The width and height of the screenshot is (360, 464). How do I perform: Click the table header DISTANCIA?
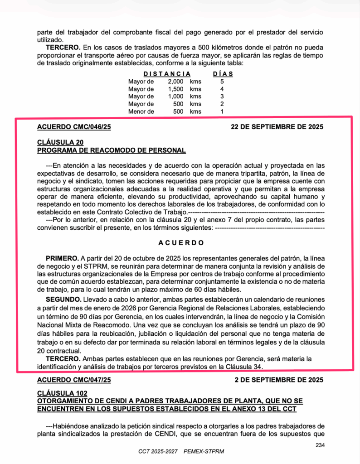167,73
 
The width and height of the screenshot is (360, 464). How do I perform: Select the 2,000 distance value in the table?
175,81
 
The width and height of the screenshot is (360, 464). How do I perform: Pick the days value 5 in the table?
222,81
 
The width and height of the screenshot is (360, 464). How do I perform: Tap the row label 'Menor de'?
141,111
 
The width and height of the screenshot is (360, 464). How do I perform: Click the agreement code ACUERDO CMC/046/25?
74,127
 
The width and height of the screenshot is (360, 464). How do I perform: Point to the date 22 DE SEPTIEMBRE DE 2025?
277,127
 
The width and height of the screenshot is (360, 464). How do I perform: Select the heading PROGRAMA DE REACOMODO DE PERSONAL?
112,150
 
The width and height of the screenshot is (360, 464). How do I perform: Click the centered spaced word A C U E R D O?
181,242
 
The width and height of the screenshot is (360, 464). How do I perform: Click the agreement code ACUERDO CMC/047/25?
74,379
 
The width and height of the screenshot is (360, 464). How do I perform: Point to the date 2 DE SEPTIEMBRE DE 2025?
279,379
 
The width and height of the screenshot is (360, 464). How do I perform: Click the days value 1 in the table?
222,111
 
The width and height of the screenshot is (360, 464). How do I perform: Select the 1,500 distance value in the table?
175,89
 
